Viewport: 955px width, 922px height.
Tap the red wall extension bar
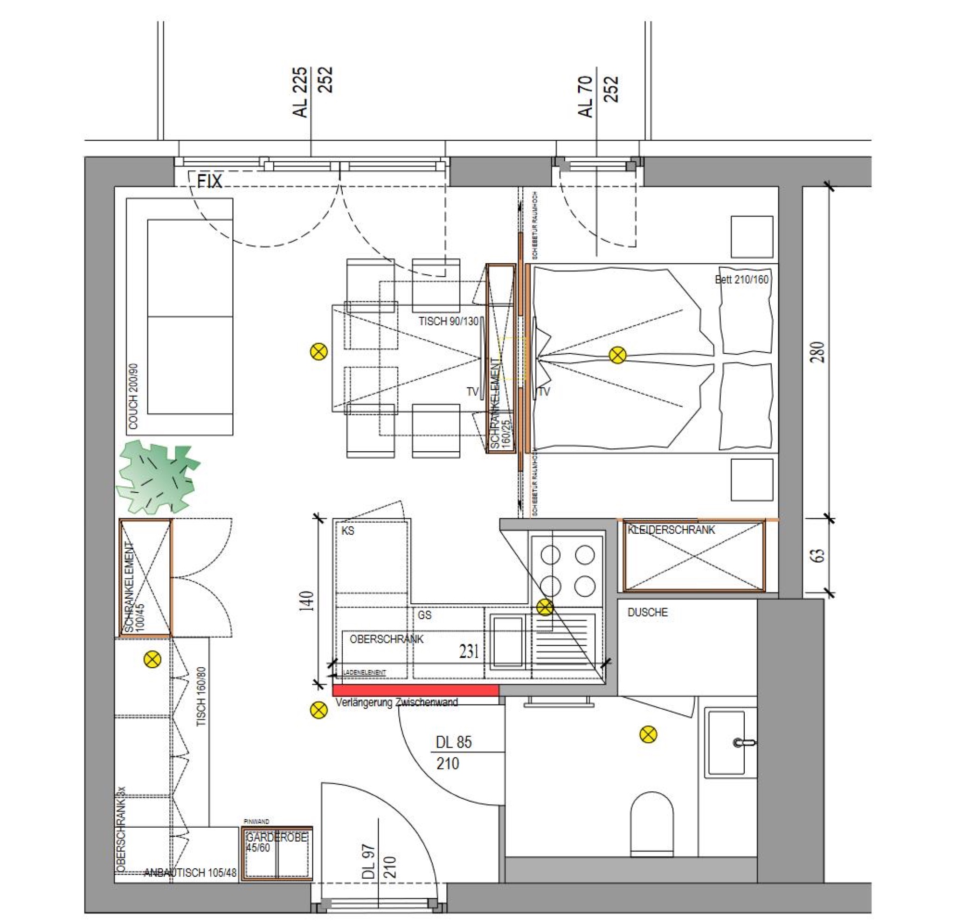pos(415,690)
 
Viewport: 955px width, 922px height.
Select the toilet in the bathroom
pos(651,824)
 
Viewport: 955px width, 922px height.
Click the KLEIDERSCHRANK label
pos(671,530)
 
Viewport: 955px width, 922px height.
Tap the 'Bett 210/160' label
pos(741,280)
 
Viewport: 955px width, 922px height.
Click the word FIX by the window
pos(209,182)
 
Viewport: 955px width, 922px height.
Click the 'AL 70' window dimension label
pos(586,97)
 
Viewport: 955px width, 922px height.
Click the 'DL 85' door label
pos(453,742)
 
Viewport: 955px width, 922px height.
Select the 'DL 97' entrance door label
pos(369,861)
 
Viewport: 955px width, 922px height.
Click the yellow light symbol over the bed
pos(617,355)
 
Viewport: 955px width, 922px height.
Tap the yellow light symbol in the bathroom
pos(648,735)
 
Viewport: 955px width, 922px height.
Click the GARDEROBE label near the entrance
pos(276,838)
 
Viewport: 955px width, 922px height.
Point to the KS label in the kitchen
pos(347,531)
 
